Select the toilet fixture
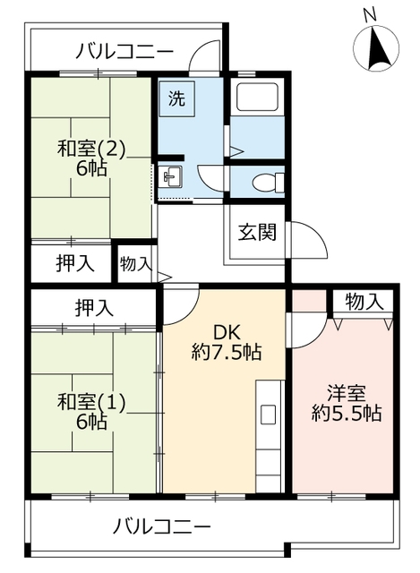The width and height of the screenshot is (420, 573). click(265, 182)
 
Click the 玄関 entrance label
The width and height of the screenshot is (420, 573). click(256, 231)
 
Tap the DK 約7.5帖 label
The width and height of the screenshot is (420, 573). click(227, 341)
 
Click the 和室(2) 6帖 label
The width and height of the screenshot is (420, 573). click(88, 158)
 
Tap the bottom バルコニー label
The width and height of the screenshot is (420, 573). click(162, 526)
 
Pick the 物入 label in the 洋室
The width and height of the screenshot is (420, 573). click(364, 302)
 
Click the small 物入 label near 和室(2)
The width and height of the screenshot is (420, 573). click(135, 263)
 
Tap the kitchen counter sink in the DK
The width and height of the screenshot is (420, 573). click(269, 415)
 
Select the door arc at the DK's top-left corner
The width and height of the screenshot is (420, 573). click(180, 303)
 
